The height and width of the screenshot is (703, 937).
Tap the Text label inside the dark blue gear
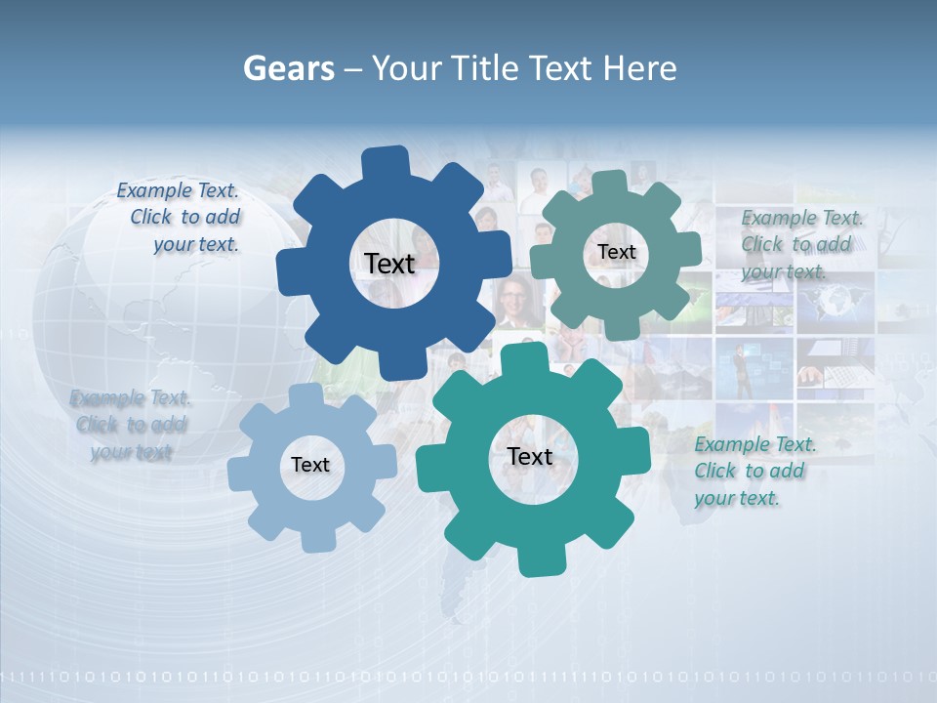(389, 264)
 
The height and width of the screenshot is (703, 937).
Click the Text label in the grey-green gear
(616, 252)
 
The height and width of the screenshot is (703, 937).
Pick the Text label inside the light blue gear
(310, 465)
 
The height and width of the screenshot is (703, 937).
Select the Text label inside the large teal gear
(530, 456)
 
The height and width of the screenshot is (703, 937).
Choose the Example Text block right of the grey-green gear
(800, 244)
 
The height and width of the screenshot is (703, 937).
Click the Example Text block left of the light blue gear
(131, 425)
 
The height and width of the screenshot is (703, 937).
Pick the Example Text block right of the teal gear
(754, 471)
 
